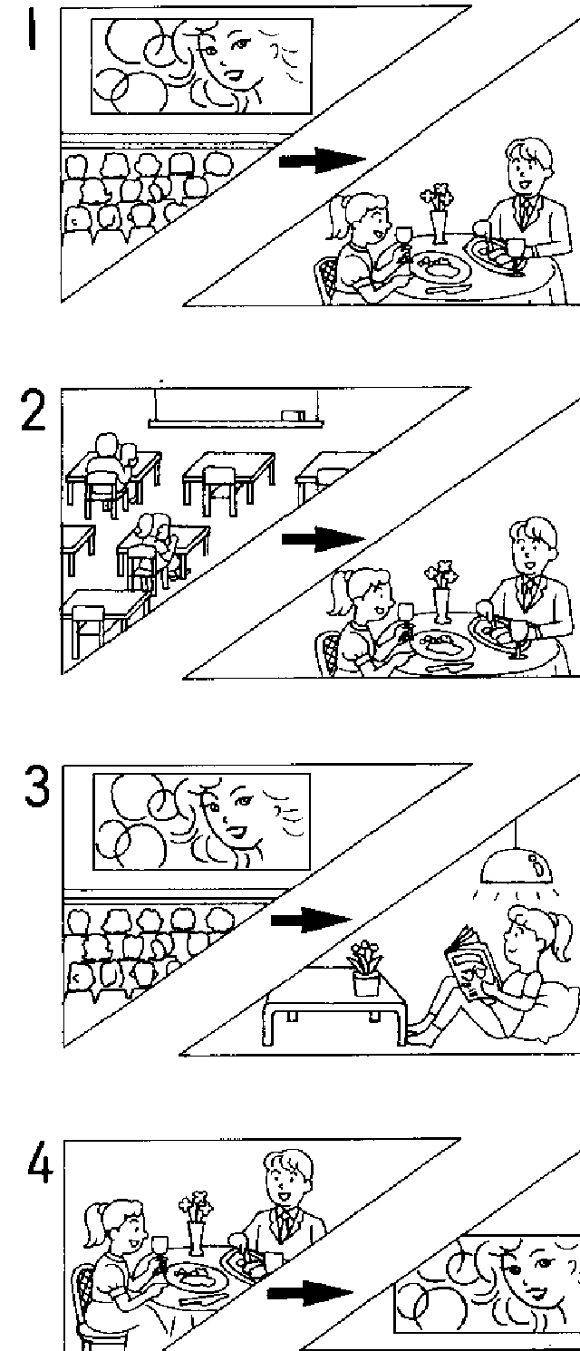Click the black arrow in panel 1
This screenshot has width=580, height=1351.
pyautogui.click(x=321, y=161)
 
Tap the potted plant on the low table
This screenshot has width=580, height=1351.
pyautogui.click(x=366, y=969)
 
